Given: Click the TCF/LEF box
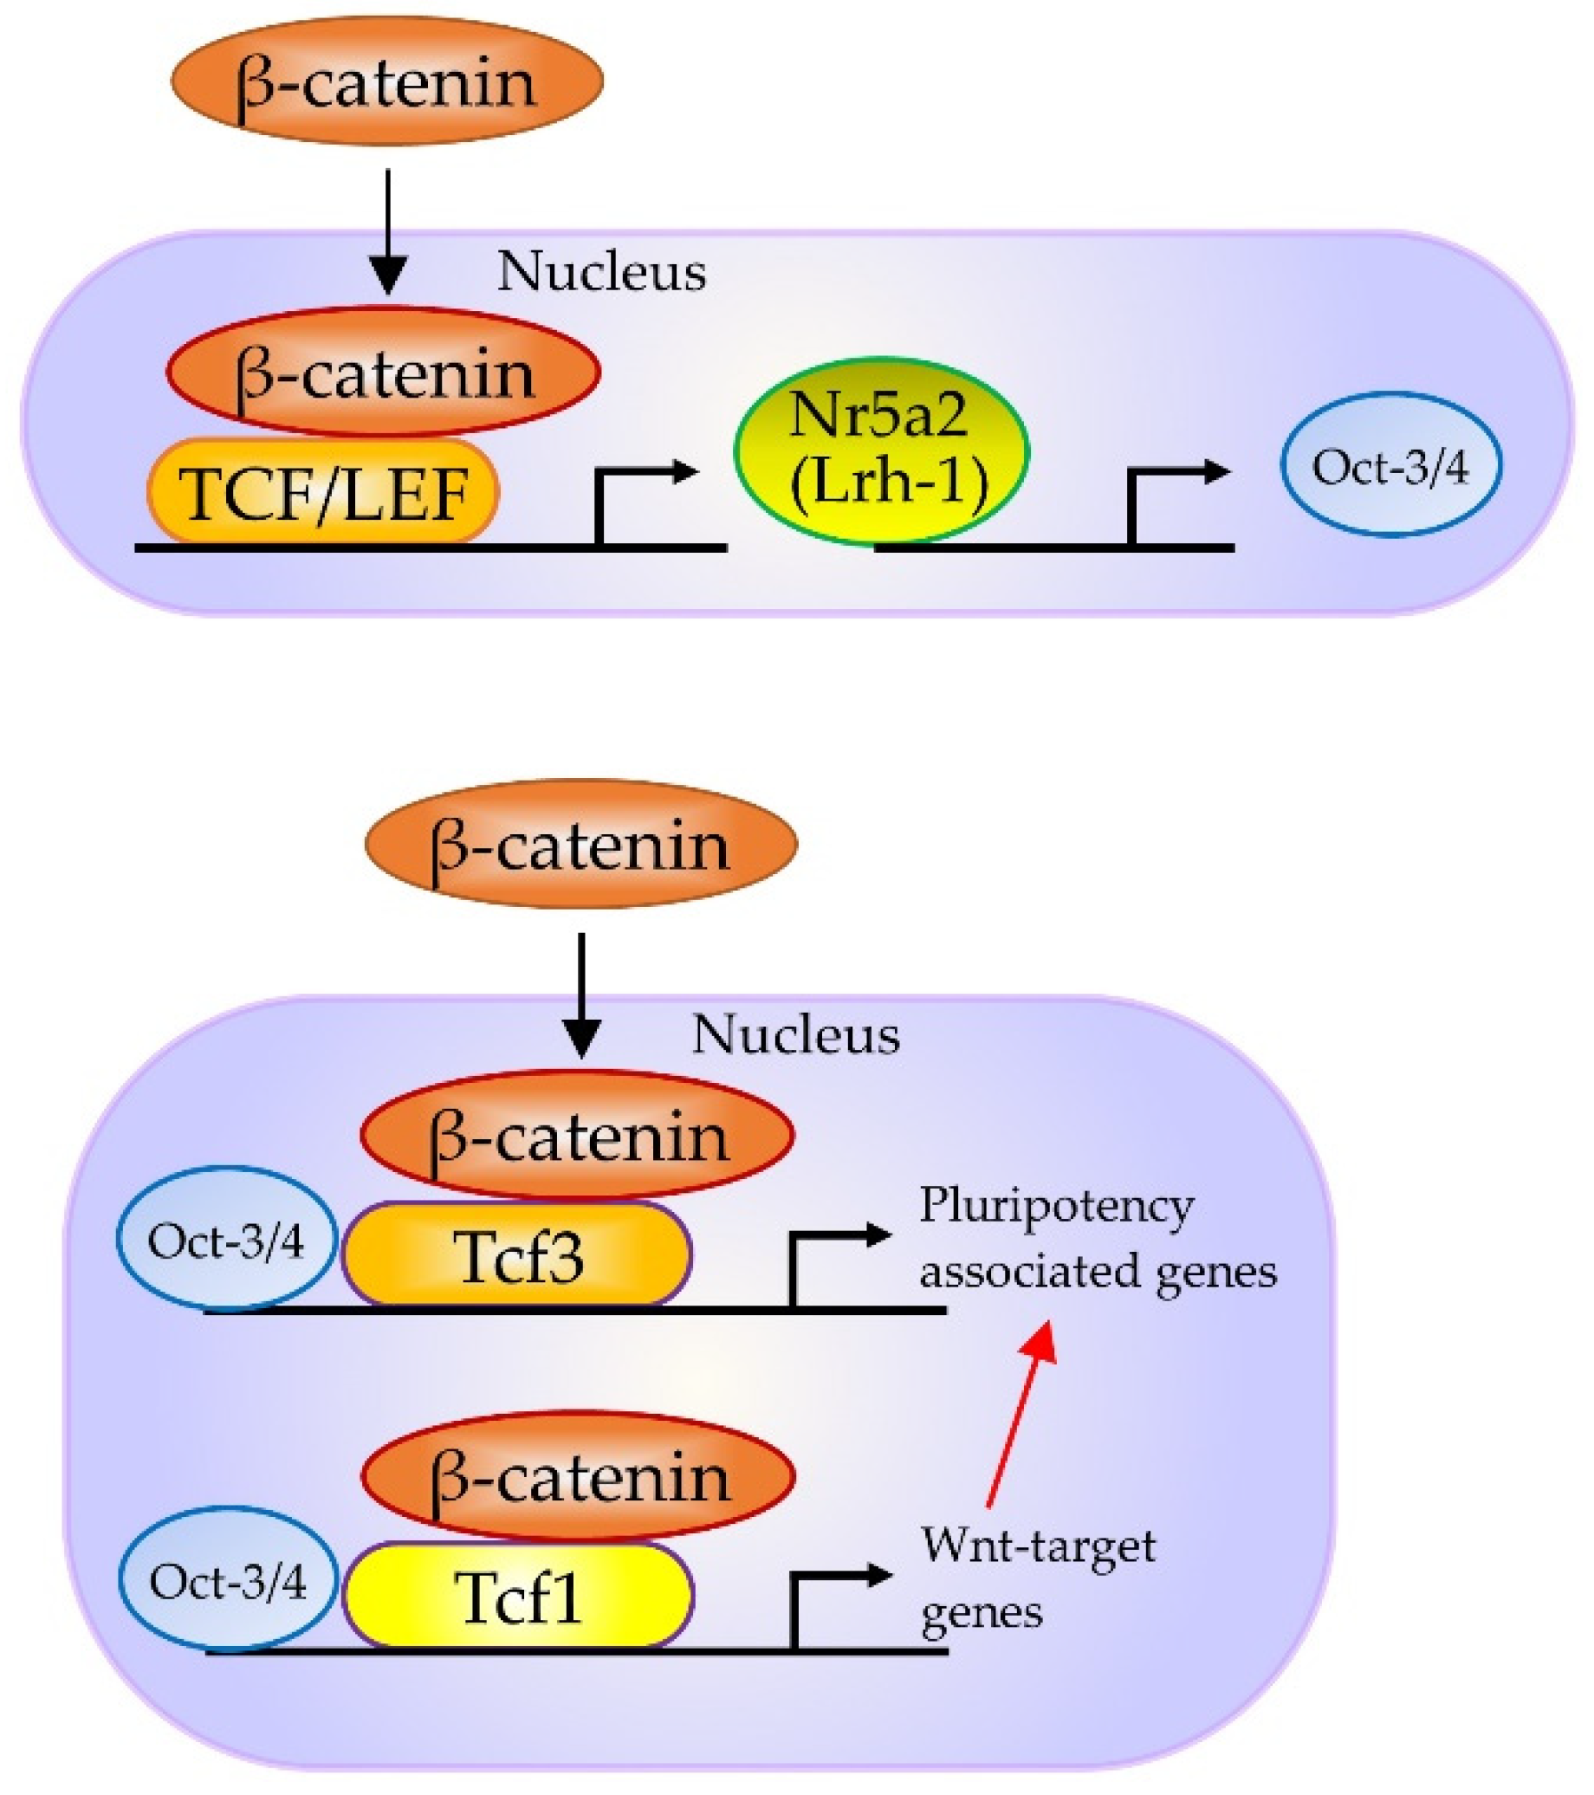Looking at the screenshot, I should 323,492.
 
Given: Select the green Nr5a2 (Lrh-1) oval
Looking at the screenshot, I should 882,450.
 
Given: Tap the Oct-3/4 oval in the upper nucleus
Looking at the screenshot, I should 1390,464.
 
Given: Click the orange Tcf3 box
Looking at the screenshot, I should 516,1255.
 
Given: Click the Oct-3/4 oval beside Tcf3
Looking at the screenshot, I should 227,1239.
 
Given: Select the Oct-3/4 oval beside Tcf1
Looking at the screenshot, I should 229,1582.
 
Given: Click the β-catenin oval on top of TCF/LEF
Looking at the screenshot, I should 384,373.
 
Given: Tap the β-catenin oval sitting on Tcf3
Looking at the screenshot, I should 578,1136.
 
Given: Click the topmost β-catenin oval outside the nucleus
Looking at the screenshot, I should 386,81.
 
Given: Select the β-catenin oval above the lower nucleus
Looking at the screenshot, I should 580,844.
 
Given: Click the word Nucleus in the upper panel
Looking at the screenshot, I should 601,271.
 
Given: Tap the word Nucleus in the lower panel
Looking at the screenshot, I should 794,1034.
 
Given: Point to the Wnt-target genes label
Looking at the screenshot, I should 1036,1578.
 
